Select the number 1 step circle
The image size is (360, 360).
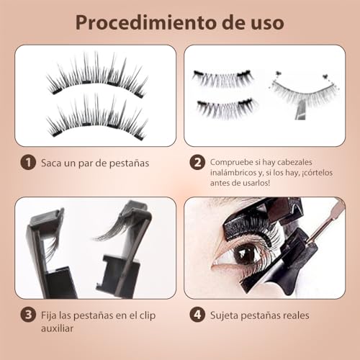[x=27, y=163]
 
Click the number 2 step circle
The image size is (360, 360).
[x=197, y=163]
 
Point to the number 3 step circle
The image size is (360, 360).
[x=27, y=315]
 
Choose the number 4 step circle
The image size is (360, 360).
[x=197, y=315]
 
